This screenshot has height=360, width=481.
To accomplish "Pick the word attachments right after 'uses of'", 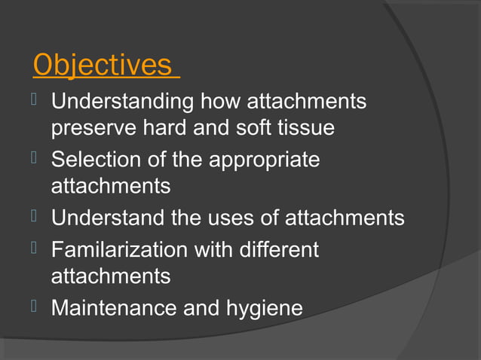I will (344, 218).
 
